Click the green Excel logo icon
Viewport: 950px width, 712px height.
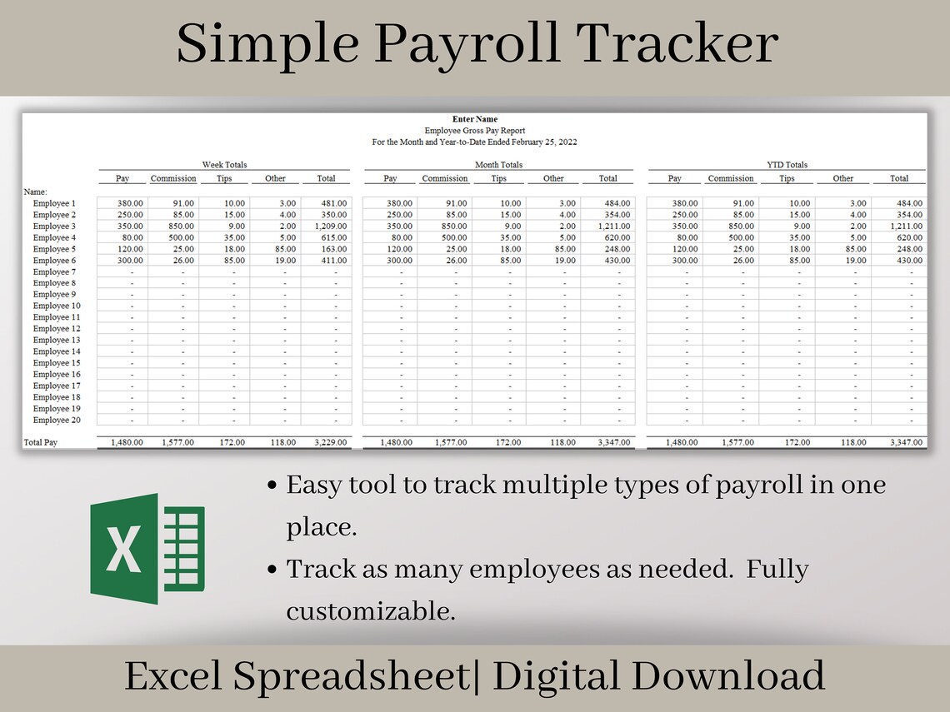pyautogui.click(x=147, y=548)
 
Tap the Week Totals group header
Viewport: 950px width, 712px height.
pyautogui.click(x=224, y=165)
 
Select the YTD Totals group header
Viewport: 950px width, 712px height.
pyautogui.click(x=787, y=165)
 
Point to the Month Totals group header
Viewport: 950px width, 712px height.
pyautogui.click(x=498, y=165)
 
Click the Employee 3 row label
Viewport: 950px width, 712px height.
pyautogui.click(x=54, y=227)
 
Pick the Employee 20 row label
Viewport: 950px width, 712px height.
pyautogui.click(x=57, y=421)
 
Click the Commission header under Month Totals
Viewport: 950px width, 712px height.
pyautogui.click(x=444, y=178)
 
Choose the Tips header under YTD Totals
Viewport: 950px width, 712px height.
pyautogui.click(x=787, y=178)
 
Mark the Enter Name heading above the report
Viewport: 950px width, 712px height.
pyautogui.click(x=474, y=119)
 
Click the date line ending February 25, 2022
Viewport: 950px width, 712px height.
pyautogui.click(x=474, y=142)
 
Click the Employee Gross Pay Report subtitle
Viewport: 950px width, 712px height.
pyautogui.click(x=474, y=131)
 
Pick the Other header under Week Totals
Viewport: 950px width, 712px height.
pyautogui.click(x=275, y=178)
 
